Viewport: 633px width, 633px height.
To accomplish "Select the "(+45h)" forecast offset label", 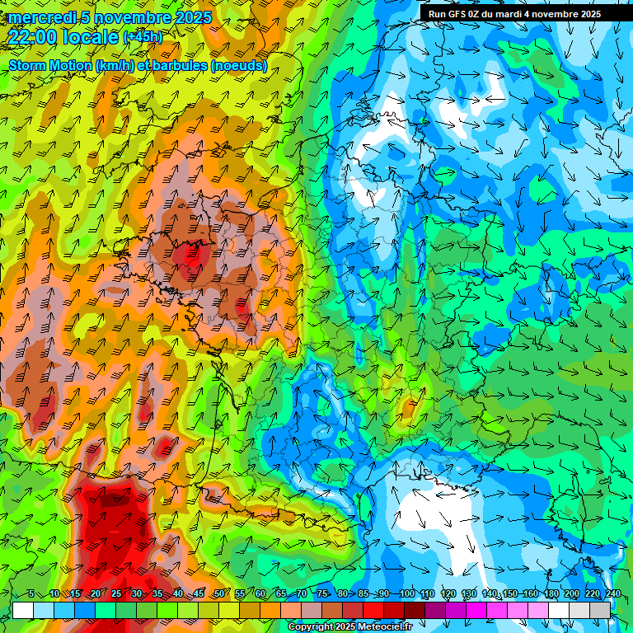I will [143, 37].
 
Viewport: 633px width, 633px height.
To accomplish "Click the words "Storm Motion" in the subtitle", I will [50, 66].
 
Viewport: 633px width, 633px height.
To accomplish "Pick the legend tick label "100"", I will [406, 593].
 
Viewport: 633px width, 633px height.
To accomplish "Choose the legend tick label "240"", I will [612, 593].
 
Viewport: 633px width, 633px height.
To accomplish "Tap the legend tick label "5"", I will [31, 593].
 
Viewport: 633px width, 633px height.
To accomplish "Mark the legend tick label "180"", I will [551, 593].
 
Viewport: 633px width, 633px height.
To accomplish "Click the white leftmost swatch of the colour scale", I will [23, 610].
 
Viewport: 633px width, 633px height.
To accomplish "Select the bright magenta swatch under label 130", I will [476, 610].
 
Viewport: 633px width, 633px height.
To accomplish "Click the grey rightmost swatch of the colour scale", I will [600, 610].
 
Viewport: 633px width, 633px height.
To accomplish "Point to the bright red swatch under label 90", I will [373, 610].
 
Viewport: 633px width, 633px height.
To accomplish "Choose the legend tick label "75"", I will [322, 593].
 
